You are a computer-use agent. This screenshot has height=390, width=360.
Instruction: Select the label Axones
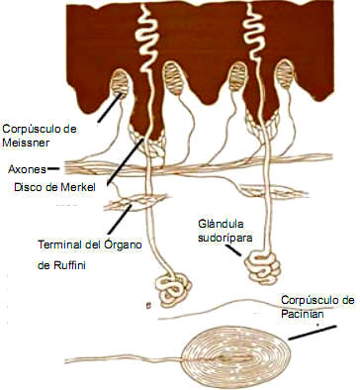pyautogui.click(x=23, y=168)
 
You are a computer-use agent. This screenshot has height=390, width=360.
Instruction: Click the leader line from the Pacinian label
pyautogui.click(x=316, y=334)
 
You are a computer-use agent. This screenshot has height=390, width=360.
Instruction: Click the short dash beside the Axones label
pyautogui.click(x=52, y=168)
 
